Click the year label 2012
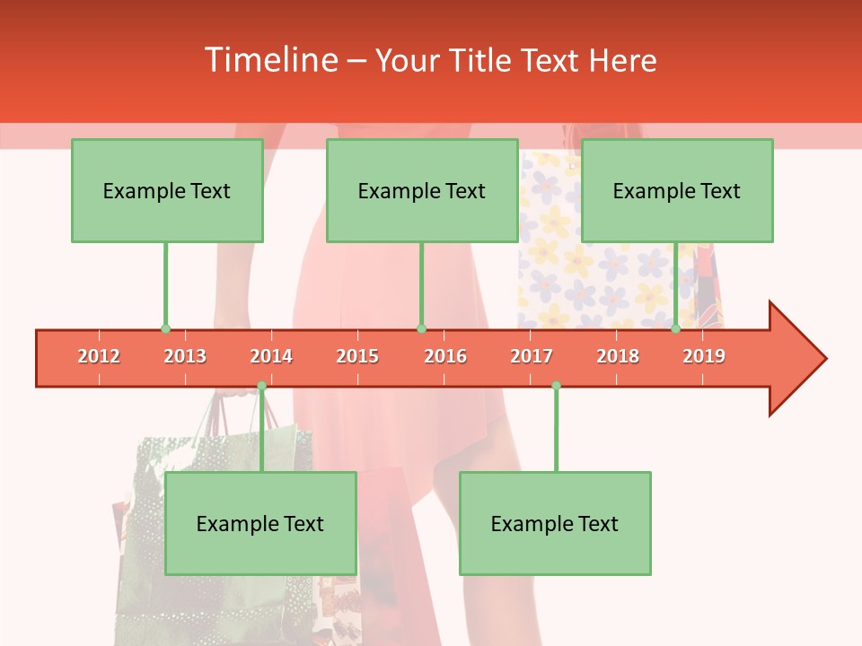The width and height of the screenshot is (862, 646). pos(99,356)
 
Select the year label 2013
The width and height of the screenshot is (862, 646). pos(185,356)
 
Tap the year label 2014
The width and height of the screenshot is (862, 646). pos(271,356)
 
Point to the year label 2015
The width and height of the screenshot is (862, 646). pos(357,356)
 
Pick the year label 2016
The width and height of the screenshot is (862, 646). pos(445,356)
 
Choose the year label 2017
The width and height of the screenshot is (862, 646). pos(532,356)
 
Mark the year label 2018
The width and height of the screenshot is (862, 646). pos(618,356)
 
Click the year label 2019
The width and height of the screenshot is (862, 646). pos(704,356)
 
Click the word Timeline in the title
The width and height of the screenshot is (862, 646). pos(269,60)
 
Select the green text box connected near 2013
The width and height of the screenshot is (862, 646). pos(167,190)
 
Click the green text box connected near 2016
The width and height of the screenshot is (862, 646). pos(422,190)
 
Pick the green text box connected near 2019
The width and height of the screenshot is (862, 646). pos(677,190)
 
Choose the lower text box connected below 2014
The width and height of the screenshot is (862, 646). pos(260,523)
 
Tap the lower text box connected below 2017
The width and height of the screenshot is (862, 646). pos(555,523)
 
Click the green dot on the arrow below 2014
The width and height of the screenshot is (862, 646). pos(261,386)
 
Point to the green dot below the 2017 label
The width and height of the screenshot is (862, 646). pos(556,386)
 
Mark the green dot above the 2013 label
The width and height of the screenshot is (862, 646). pos(165,328)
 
